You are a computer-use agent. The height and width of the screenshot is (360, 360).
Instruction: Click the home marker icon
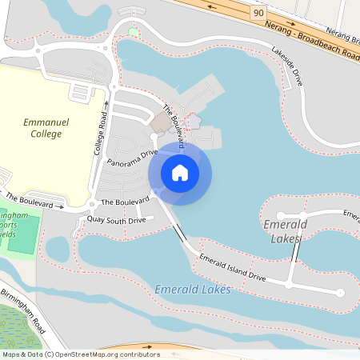pyautogui.click(x=180, y=172)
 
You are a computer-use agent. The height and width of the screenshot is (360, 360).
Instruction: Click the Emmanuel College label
pyautogui.click(x=46, y=128)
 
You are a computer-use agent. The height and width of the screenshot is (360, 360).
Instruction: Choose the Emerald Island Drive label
pyautogui.click(x=233, y=268)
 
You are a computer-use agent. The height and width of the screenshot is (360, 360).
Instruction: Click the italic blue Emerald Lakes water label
pyautogui.click(x=193, y=289)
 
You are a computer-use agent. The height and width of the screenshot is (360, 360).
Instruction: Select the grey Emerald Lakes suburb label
pyautogui.click(x=284, y=231)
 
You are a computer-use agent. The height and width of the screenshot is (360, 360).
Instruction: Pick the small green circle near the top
pyautogui.click(x=133, y=31)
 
